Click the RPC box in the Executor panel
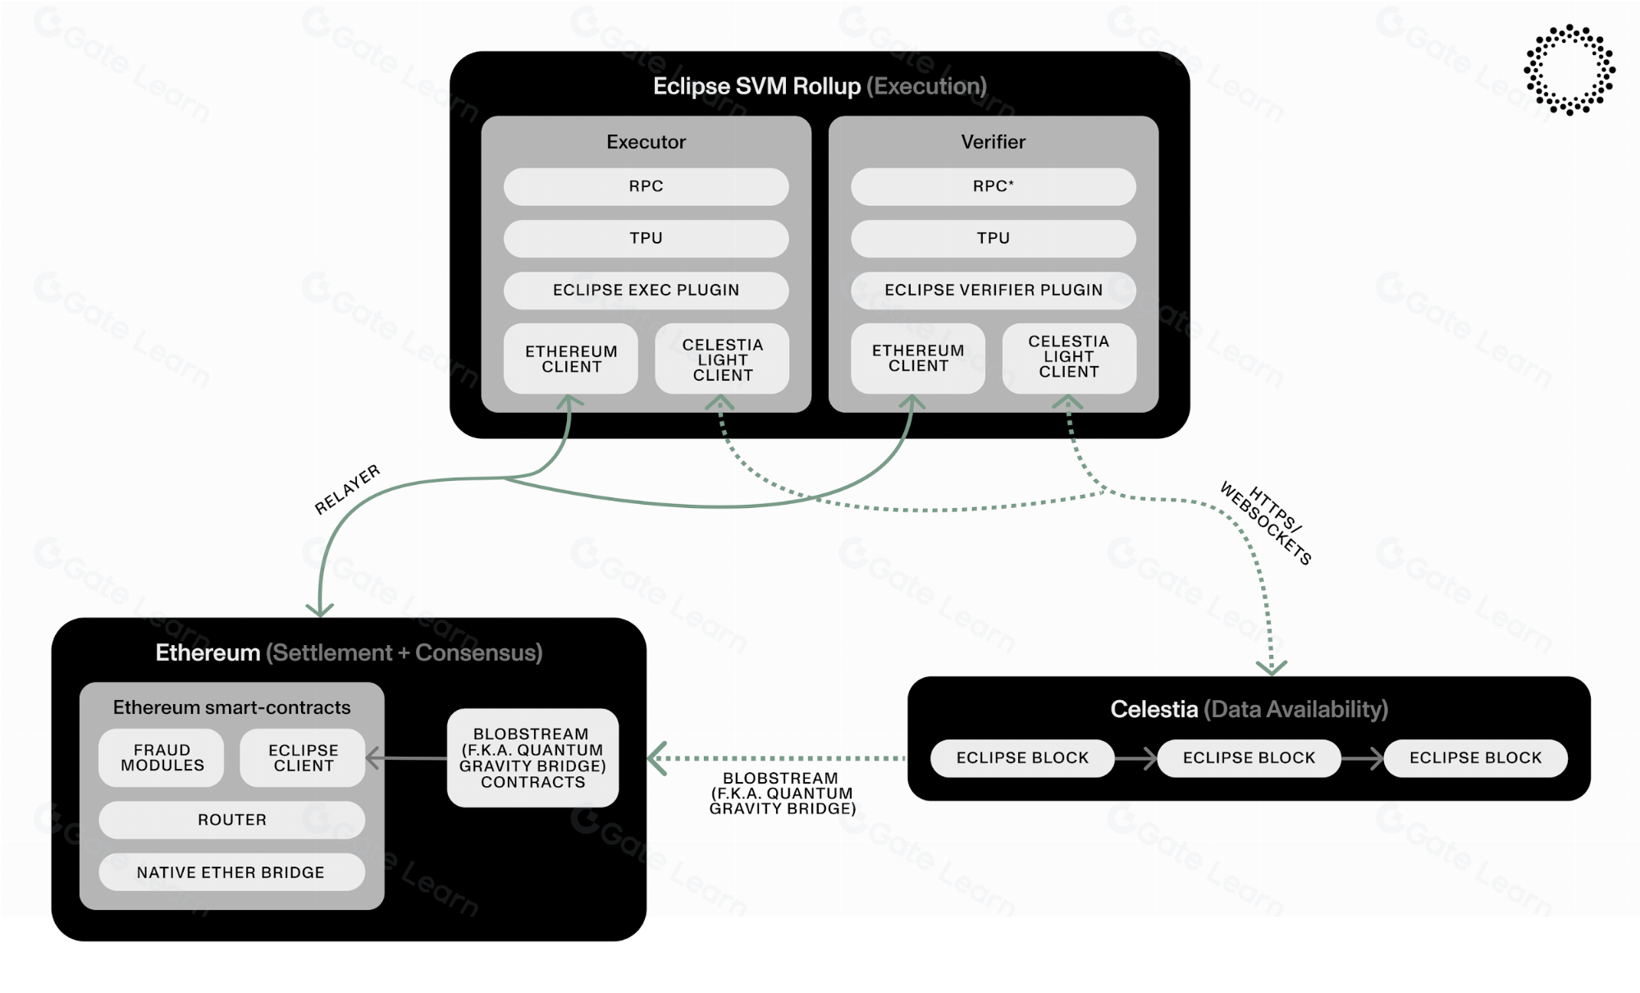(x=646, y=186)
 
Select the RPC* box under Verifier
(x=993, y=186)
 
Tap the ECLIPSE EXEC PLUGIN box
(x=646, y=290)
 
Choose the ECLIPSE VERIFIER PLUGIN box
(x=993, y=290)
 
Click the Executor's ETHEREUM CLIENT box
(x=571, y=359)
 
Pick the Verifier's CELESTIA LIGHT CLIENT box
(x=1068, y=357)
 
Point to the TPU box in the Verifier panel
(x=993, y=238)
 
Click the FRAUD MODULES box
(x=162, y=757)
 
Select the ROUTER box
(x=231, y=820)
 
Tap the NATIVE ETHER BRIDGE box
(x=231, y=872)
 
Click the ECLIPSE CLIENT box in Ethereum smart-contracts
(x=303, y=757)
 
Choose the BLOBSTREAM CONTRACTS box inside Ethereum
(x=532, y=757)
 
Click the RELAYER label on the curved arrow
(x=348, y=489)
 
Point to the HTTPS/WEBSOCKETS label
(x=1266, y=524)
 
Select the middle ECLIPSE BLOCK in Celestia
(x=1249, y=757)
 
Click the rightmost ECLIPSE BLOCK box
(x=1475, y=757)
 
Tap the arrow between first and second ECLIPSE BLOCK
(x=1136, y=758)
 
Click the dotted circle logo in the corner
(x=1569, y=70)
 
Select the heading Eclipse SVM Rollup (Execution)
(x=819, y=86)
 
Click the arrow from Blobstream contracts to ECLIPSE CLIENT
(x=407, y=758)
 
